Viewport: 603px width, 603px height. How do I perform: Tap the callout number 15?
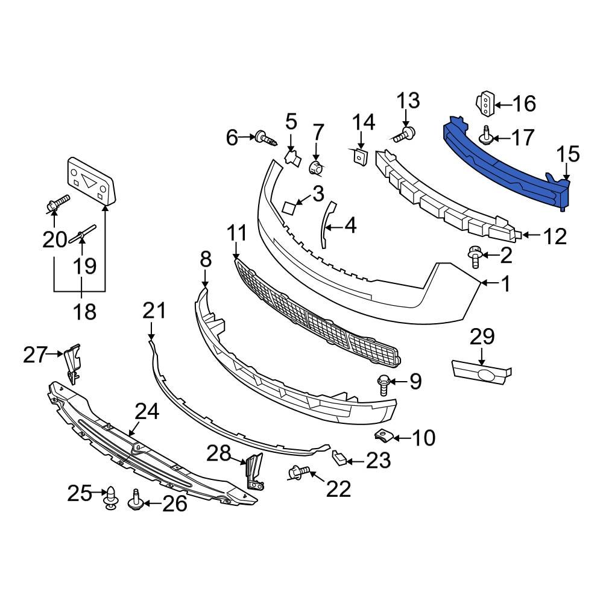[567, 154]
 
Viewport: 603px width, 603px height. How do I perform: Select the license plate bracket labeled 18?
[90, 179]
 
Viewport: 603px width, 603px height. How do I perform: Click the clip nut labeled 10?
[382, 436]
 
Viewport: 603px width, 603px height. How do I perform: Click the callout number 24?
[147, 412]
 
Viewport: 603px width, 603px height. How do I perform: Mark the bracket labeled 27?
[72, 363]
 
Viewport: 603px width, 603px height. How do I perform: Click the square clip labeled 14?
[359, 156]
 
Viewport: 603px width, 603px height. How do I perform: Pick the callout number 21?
[154, 311]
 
